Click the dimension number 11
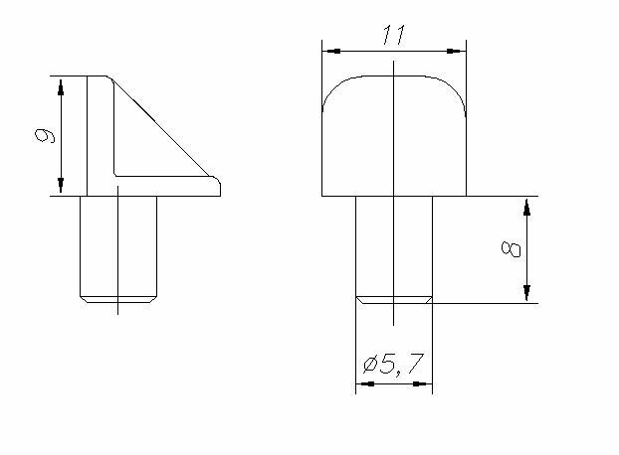point(393,35)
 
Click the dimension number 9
point(45,135)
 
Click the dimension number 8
point(511,249)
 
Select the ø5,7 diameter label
point(393,364)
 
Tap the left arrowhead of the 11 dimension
point(331,52)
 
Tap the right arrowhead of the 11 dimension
point(457,52)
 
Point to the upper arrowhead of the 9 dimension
point(61,87)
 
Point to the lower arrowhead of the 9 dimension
point(61,185)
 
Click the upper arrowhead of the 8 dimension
point(526,208)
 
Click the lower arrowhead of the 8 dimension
point(526,293)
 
